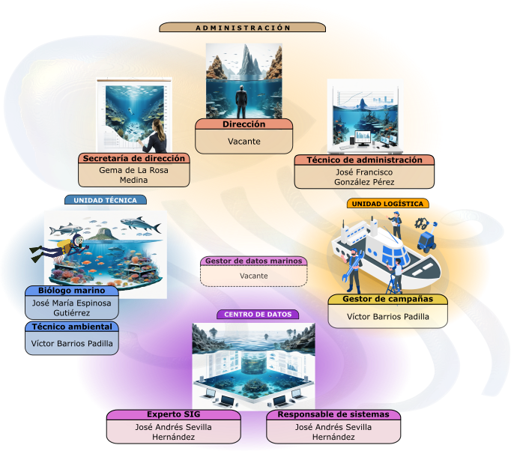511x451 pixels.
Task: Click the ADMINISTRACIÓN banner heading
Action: (x=243, y=28)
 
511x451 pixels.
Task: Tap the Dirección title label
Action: (x=244, y=124)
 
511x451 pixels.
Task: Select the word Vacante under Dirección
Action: (x=244, y=142)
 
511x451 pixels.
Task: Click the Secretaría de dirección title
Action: (x=134, y=158)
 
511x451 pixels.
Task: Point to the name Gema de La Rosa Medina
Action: (x=133, y=175)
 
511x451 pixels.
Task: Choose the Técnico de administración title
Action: (x=364, y=160)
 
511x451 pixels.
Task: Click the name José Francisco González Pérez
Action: (x=364, y=177)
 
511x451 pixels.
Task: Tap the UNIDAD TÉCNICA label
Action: (x=105, y=200)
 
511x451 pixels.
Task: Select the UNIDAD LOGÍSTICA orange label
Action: (x=387, y=204)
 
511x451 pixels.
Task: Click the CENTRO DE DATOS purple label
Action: (x=258, y=315)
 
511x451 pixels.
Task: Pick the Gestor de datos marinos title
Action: (x=254, y=261)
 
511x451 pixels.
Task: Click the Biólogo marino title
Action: (x=72, y=291)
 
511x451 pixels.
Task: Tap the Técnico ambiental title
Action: (x=72, y=327)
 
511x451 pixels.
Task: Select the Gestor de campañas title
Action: (x=388, y=299)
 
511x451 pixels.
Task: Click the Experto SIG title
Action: (x=173, y=414)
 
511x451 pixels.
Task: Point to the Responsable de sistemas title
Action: (x=333, y=414)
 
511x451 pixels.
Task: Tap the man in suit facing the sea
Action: (x=241, y=102)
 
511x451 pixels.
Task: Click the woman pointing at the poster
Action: (x=155, y=136)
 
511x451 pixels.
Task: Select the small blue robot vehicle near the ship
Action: (x=427, y=237)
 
